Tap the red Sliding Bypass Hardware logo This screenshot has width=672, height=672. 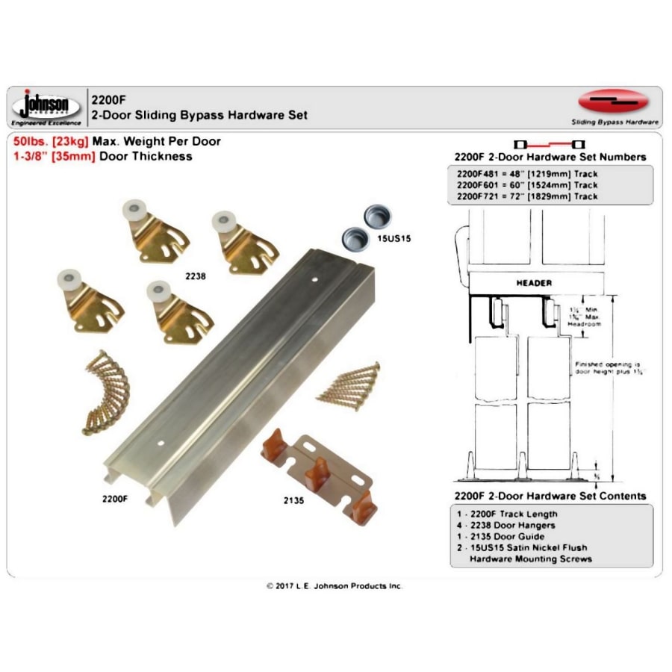click(614, 102)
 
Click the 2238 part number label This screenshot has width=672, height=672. click(195, 276)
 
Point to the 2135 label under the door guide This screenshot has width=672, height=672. click(293, 501)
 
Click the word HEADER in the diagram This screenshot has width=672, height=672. click(534, 283)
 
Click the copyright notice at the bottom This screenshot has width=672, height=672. click(335, 586)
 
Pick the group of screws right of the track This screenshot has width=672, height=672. click(349, 385)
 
